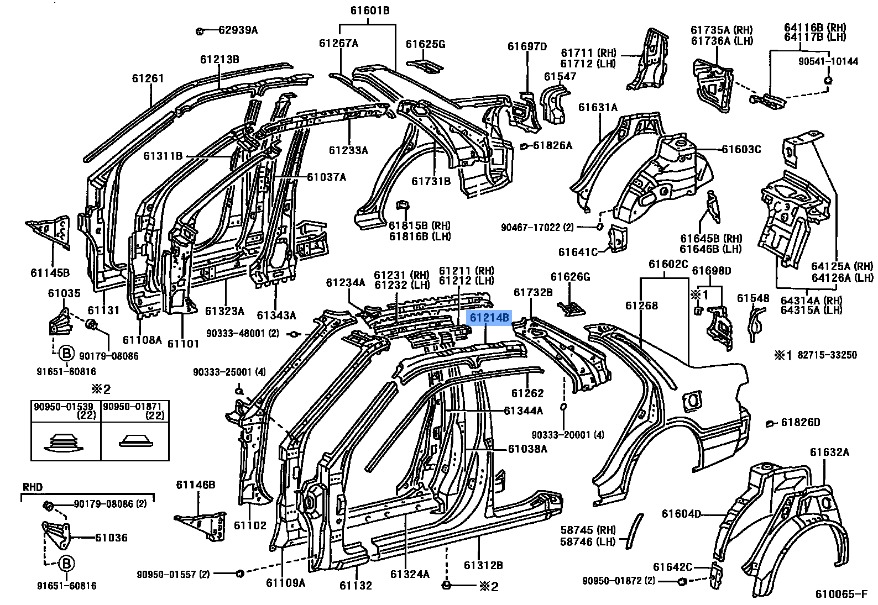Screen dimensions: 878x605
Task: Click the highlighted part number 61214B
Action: [x=489, y=318]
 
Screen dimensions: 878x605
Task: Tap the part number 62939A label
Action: [x=238, y=30]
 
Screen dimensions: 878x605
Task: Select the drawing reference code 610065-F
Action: [x=842, y=594]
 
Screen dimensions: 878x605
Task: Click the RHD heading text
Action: [x=33, y=487]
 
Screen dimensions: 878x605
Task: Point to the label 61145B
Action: [x=50, y=272]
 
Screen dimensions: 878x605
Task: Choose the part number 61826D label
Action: [x=801, y=422]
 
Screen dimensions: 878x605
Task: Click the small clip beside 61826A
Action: [x=523, y=146]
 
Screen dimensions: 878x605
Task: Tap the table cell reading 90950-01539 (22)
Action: [x=65, y=411]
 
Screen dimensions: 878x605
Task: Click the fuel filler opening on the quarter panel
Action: [x=693, y=401]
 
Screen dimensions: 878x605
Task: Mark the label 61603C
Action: [x=741, y=149]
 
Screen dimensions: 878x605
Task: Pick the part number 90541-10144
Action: [x=828, y=61]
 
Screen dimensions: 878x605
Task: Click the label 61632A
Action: [x=829, y=453]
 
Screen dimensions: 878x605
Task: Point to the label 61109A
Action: [x=285, y=583]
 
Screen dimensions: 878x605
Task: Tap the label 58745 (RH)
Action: [x=588, y=530]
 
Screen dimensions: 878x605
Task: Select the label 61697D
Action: [x=527, y=46]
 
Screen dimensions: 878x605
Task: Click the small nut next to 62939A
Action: [x=200, y=31]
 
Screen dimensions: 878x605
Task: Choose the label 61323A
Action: [x=224, y=311]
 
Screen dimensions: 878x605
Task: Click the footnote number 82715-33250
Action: [x=827, y=355]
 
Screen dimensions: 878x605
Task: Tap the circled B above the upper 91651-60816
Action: [x=66, y=354]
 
